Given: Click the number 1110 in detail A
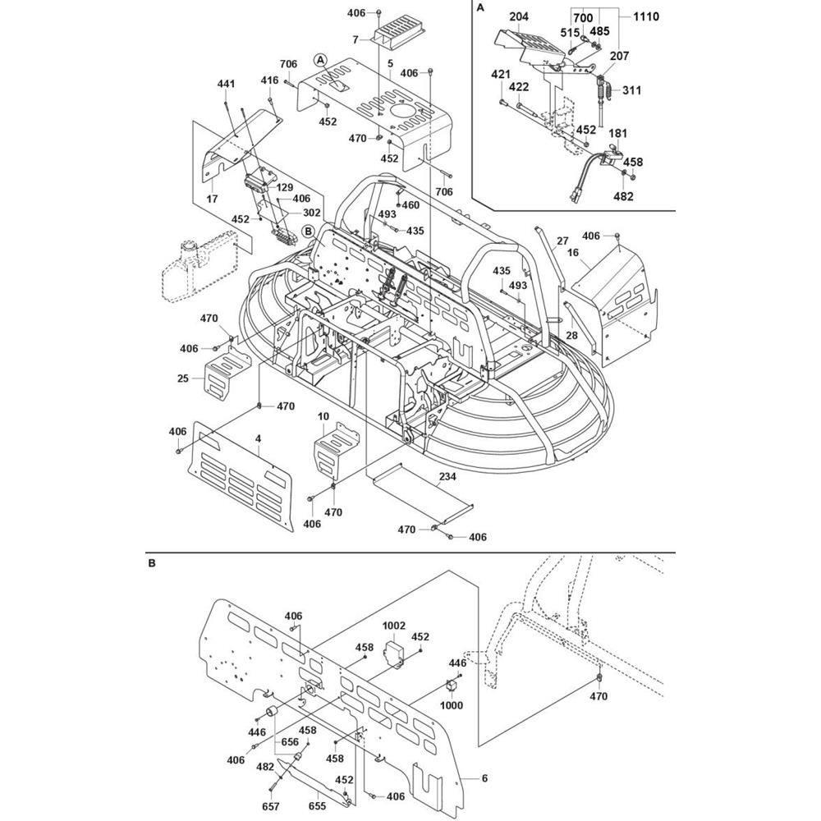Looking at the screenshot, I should [x=645, y=16].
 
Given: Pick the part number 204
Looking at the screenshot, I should [x=518, y=16].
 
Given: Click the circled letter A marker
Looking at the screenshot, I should [x=320, y=58].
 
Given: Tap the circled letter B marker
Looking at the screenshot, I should [x=310, y=231].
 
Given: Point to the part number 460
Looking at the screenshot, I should [x=410, y=204].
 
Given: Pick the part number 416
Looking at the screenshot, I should [x=270, y=80].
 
